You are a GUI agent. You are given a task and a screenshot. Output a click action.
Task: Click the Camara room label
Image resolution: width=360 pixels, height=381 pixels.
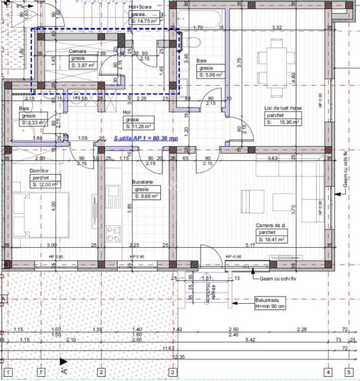[x=76, y=51]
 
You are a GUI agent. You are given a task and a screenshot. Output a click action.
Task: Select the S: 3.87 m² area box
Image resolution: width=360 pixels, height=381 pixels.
[x=83, y=65]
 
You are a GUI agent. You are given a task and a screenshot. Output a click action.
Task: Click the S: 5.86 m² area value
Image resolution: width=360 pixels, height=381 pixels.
[x=215, y=75]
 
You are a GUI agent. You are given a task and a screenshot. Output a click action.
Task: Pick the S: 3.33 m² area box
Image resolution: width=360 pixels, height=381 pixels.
[x=32, y=122]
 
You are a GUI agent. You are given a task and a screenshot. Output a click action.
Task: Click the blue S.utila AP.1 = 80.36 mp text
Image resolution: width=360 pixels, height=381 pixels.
[x=146, y=137]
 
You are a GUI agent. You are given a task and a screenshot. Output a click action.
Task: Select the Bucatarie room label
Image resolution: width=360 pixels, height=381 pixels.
[x=142, y=182]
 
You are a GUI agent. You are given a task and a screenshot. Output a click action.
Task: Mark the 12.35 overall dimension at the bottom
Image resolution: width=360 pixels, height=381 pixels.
[x=179, y=356]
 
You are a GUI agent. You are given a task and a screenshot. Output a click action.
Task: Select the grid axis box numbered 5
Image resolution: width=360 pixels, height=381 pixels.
[x=328, y=372]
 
